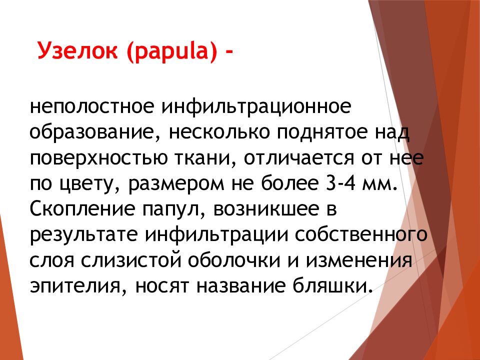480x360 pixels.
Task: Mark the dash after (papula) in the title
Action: pyautogui.click(x=229, y=52)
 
